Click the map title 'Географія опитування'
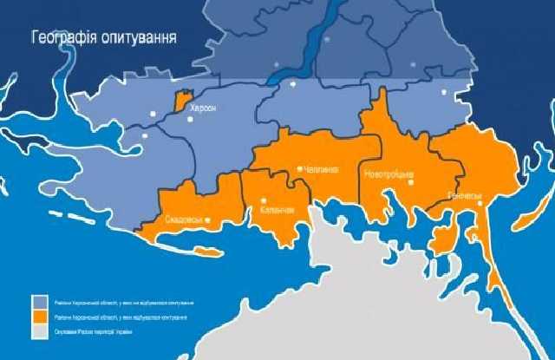[x=104, y=38]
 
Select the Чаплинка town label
[x=321, y=169]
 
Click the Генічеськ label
[x=464, y=196]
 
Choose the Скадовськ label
[x=183, y=220]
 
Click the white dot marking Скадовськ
[x=207, y=220]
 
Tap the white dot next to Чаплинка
[x=299, y=168]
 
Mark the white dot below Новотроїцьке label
[x=413, y=181]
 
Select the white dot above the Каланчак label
[x=264, y=203]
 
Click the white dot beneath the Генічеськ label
[x=478, y=206]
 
